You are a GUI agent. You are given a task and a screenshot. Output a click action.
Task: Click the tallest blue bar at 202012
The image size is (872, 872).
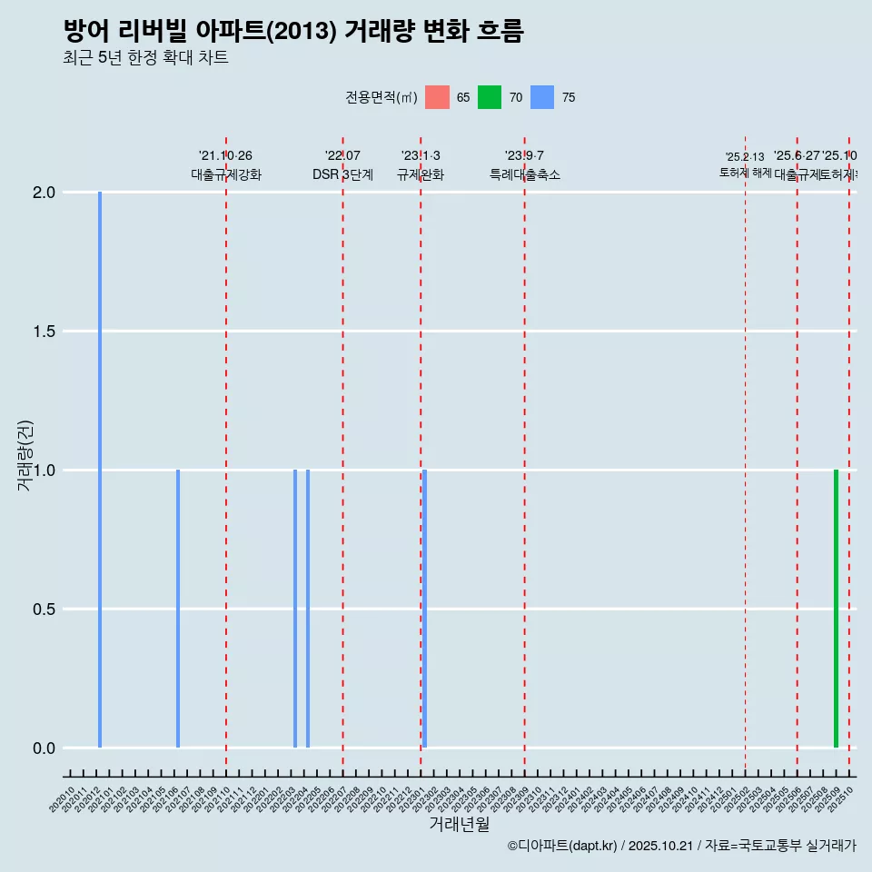click(100, 470)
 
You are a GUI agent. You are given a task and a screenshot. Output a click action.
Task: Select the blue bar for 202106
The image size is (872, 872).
click(178, 609)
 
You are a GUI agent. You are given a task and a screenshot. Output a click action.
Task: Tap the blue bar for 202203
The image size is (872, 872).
click(295, 609)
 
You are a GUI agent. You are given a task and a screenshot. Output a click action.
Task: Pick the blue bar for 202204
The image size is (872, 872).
click(308, 609)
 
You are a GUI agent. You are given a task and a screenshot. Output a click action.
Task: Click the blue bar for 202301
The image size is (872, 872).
click(424, 609)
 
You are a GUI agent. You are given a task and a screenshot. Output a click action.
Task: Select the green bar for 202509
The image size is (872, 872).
click(836, 609)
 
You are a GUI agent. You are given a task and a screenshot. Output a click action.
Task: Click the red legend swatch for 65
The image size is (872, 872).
click(437, 97)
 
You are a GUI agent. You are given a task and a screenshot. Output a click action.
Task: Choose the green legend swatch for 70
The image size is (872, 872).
click(490, 97)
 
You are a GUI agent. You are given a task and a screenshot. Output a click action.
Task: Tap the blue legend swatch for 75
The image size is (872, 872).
click(542, 97)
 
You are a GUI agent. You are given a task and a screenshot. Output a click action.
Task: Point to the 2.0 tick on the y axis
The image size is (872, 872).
click(45, 193)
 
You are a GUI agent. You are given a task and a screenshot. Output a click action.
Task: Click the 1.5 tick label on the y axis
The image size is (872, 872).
click(45, 332)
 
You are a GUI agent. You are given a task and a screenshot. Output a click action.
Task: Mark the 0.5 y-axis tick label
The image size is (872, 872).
click(45, 609)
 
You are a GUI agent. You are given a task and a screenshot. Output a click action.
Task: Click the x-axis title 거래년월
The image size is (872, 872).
click(459, 825)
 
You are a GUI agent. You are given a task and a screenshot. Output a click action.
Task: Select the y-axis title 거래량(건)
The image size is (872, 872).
click(25, 456)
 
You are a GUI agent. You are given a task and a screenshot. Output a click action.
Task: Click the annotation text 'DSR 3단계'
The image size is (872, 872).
click(342, 174)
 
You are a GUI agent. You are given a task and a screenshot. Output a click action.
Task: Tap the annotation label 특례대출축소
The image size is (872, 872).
click(524, 174)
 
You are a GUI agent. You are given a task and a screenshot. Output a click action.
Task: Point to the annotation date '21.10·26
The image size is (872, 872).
click(225, 156)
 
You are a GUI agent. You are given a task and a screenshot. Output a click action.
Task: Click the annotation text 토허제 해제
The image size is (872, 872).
click(745, 172)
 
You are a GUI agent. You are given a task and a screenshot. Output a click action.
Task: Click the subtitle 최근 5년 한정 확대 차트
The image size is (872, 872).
click(145, 58)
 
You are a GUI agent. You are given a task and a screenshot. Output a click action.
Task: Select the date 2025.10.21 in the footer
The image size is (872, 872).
click(660, 846)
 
